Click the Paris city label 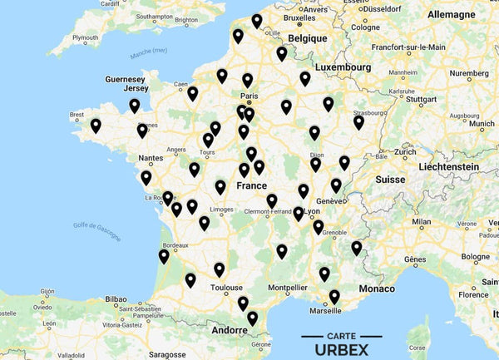[249, 96]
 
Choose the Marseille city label [324, 311]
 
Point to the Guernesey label [124, 79]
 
